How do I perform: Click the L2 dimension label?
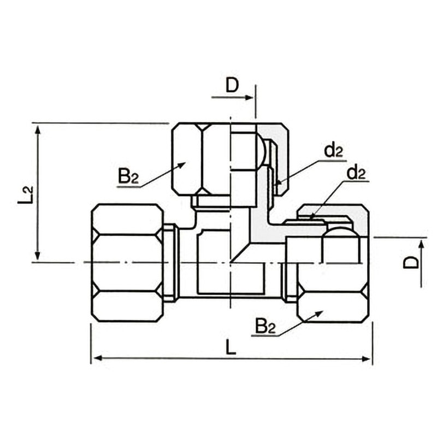[25, 194]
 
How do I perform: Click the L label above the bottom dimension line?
[231, 346]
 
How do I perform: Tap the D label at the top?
[232, 85]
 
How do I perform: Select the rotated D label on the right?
[411, 262]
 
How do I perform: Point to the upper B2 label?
[128, 175]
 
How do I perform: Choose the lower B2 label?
[265, 326]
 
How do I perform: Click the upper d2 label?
[334, 151]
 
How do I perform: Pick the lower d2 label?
[356, 173]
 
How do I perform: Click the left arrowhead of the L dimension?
[95, 358]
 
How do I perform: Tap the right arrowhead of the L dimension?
[366, 359]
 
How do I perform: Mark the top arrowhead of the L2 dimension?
[38, 129]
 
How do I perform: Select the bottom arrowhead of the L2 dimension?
[38, 255]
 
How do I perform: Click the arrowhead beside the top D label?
[249, 97]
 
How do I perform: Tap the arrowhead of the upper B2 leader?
[181, 165]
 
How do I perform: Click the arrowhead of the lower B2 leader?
[318, 314]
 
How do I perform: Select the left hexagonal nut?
[128, 263]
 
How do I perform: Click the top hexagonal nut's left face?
[186, 159]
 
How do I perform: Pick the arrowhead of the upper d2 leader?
[279, 182]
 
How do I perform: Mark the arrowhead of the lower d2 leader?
[313, 217]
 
